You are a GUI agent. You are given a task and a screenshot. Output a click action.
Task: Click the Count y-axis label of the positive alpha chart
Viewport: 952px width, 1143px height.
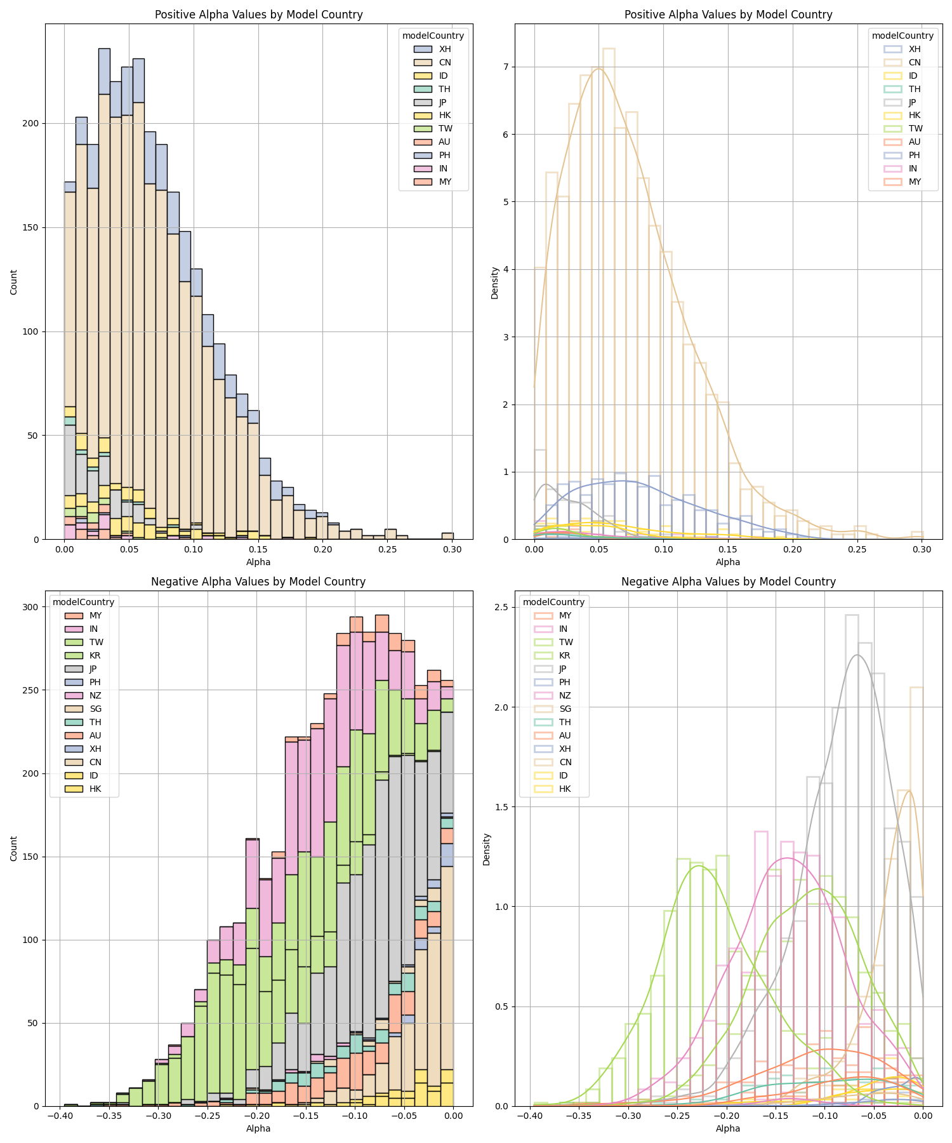[x=14, y=281]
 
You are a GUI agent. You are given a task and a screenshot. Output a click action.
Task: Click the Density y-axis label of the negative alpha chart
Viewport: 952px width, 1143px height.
[x=487, y=849]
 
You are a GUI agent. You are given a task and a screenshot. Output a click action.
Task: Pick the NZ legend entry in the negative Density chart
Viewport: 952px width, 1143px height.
[x=564, y=695]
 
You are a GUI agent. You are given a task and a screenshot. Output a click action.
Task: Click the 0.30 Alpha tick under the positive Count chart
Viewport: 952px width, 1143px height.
[x=452, y=549]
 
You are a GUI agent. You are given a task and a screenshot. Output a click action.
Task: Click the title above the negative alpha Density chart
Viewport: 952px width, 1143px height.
[x=728, y=582]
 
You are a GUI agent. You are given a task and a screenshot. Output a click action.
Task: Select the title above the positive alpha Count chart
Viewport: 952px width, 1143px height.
[x=258, y=15]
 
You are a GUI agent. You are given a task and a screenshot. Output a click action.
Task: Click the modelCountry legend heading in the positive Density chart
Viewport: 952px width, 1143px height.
[x=902, y=36]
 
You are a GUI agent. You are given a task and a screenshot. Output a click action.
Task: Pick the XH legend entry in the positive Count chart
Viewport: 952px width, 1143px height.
[x=445, y=49]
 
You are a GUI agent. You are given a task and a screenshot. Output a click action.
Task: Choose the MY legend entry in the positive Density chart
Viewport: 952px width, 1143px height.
[x=915, y=182]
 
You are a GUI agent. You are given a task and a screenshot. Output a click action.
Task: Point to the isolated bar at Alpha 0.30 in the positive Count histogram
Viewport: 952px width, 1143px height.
[x=447, y=536]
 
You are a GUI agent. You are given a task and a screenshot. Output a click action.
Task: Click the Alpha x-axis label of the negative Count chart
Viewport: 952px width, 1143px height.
[x=258, y=1128]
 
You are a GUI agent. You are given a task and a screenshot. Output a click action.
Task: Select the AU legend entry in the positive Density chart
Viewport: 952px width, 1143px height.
[x=915, y=142]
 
